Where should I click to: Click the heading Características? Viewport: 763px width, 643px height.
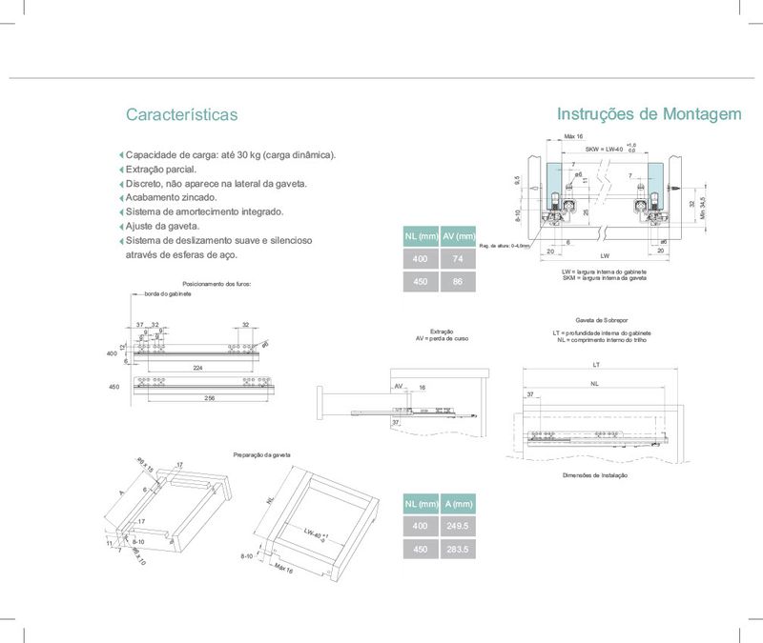(181, 115)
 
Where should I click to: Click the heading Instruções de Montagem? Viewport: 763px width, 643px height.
(649, 114)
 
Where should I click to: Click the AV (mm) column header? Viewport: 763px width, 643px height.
(459, 236)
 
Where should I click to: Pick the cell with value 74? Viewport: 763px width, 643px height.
(459, 259)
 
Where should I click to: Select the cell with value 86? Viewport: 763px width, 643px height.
(459, 283)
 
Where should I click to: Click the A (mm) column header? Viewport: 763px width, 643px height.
(459, 503)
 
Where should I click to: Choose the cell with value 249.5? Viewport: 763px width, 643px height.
(459, 527)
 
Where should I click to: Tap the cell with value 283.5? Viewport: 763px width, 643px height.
(459, 551)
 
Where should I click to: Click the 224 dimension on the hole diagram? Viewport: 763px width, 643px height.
(197, 367)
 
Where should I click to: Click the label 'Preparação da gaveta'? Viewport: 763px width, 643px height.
(261, 455)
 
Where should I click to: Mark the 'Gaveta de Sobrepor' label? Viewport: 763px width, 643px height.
(599, 321)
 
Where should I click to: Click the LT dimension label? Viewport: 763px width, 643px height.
(595, 365)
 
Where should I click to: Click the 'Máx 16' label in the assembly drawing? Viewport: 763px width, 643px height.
(574, 137)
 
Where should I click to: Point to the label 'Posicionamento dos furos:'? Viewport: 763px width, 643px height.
(216, 284)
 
